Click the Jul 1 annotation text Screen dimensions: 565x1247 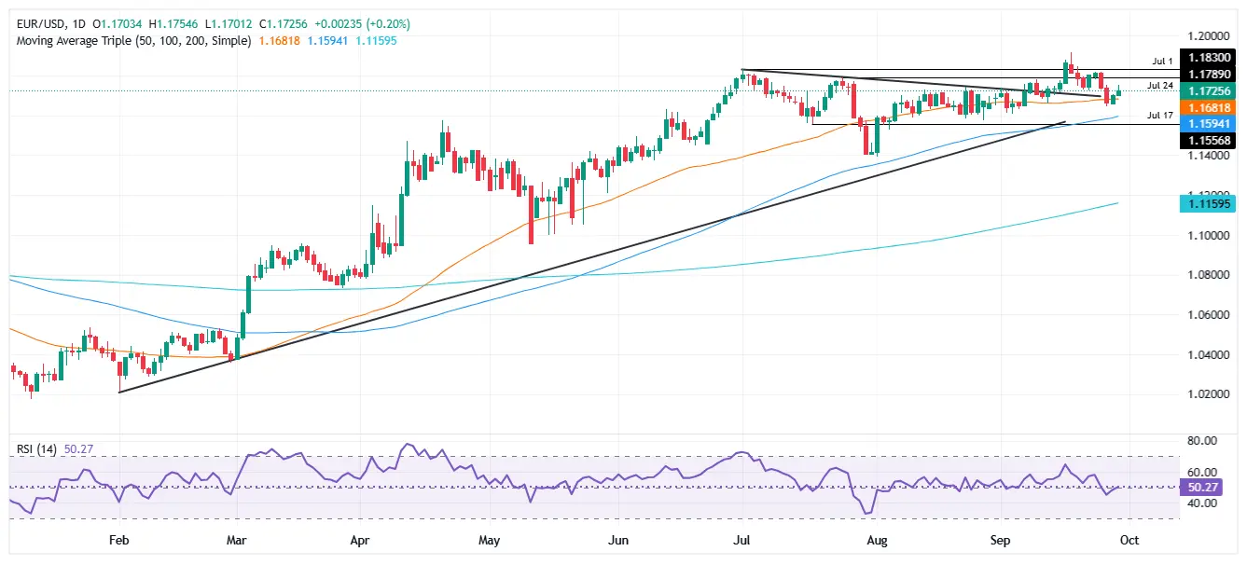tap(1159, 60)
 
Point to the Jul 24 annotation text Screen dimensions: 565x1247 tap(1159, 86)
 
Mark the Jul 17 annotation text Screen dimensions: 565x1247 tap(1159, 116)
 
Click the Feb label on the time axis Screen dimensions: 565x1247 tap(118, 540)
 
